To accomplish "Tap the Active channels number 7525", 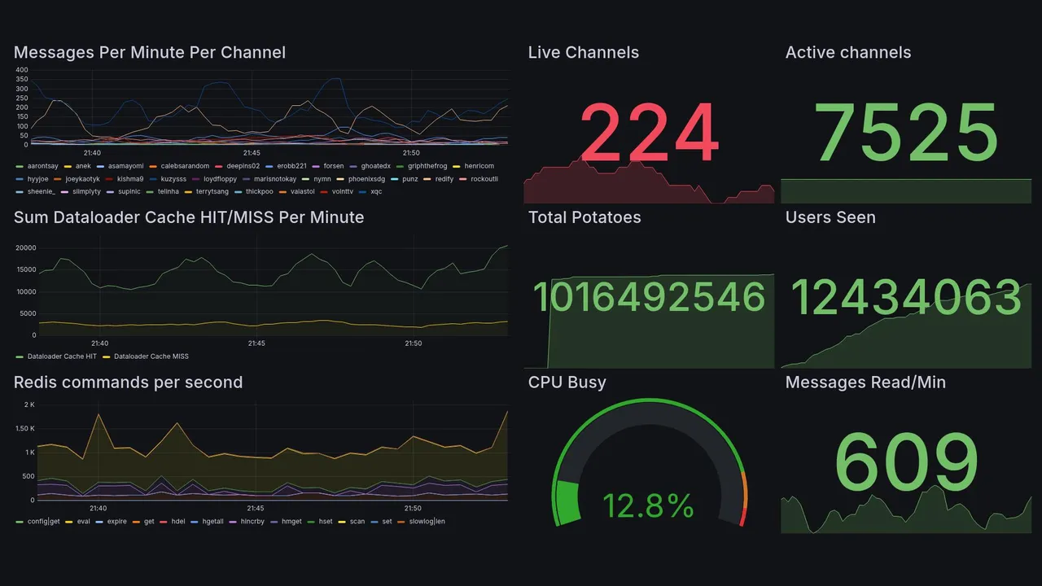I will tap(906, 133).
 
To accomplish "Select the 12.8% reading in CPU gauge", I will tap(648, 506).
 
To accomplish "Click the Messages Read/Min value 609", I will tap(906, 463).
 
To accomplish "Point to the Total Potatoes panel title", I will tap(584, 217).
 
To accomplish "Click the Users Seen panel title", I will tap(830, 217).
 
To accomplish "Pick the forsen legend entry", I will tap(333, 166).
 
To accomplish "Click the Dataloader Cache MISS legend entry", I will tap(151, 356).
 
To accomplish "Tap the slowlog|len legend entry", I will tap(425, 521).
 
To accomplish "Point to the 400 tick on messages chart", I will tap(22, 70).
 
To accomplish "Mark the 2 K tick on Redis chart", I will tap(29, 405).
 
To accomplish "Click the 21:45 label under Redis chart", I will tap(256, 509).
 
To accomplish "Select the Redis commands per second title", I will tap(128, 383).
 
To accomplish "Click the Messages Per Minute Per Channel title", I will tap(150, 53).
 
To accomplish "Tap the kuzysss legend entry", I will tap(173, 179).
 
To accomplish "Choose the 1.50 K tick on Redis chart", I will tap(24, 429).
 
